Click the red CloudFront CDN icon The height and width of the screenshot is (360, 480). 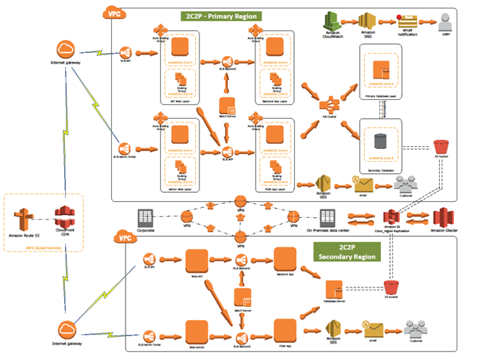[x=63, y=218]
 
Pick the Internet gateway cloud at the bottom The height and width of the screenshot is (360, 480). [x=66, y=330]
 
